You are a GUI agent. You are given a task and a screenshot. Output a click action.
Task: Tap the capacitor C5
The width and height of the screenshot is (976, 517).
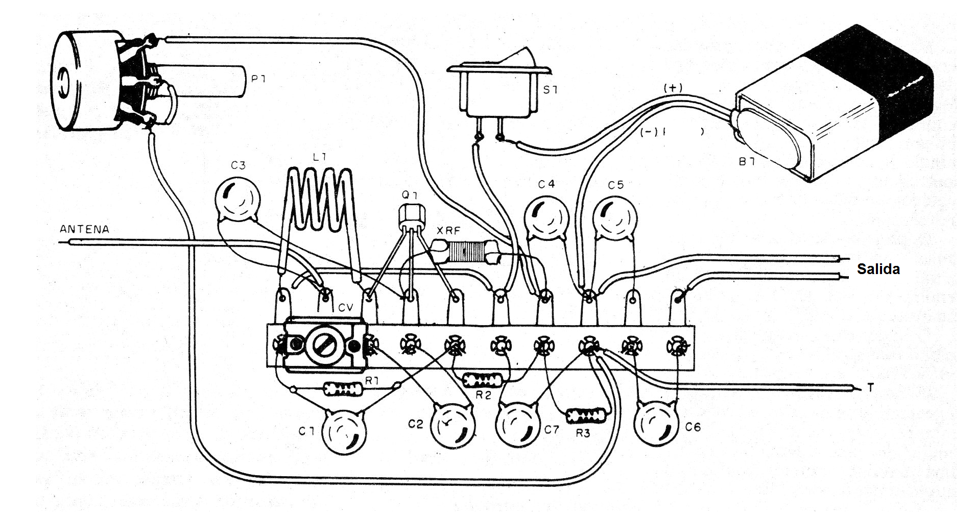616,218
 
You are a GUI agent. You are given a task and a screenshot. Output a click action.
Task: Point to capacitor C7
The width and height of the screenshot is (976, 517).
519,424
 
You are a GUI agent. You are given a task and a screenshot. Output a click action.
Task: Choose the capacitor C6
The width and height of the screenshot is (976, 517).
657,423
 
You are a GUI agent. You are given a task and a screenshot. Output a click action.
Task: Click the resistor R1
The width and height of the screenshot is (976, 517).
343,389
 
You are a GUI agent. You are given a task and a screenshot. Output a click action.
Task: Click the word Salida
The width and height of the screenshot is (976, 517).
878,269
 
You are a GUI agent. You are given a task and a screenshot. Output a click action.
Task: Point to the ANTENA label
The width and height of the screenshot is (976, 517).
84,229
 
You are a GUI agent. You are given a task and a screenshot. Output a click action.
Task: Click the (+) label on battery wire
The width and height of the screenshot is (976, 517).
673,88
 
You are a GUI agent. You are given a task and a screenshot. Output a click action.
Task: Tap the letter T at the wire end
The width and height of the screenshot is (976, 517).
870,388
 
